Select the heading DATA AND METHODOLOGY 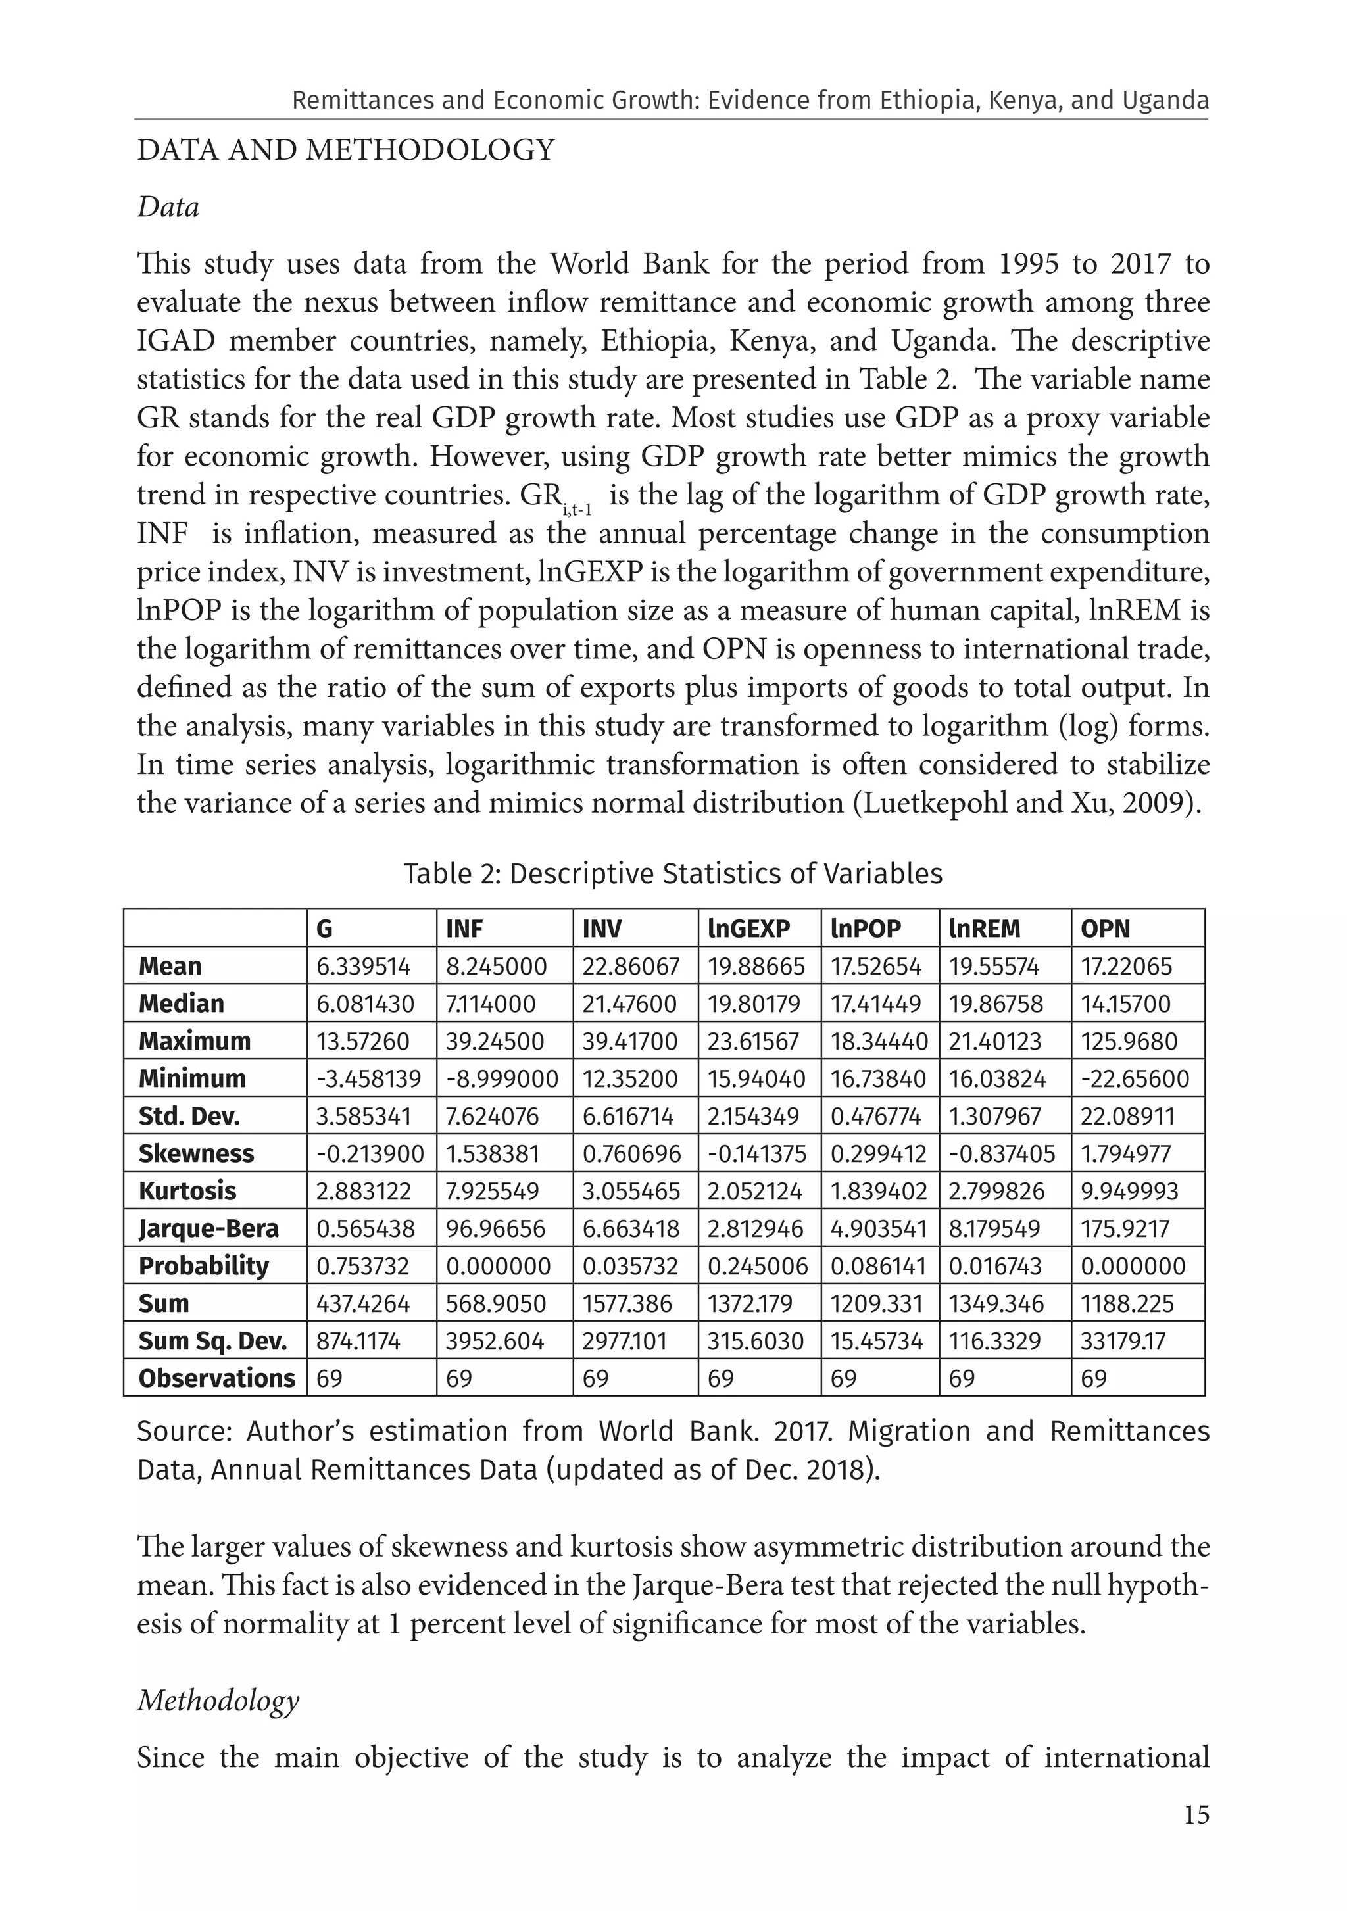(345, 151)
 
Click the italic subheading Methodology (218, 1700)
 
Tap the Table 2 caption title (673, 874)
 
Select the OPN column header (1105, 928)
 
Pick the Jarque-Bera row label (208, 1228)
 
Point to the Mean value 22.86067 (630, 966)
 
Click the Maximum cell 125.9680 (1128, 1041)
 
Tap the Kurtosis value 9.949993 (1129, 1191)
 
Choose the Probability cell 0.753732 (362, 1266)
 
